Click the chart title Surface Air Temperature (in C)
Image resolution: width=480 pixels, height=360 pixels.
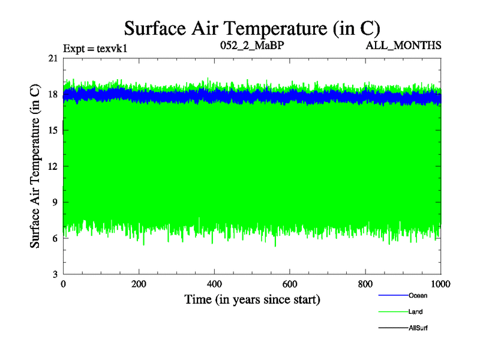click(x=252, y=28)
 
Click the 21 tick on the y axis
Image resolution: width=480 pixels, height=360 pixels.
click(x=53, y=58)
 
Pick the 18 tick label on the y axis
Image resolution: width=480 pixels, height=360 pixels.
click(x=53, y=94)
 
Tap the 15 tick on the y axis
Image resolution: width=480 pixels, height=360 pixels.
click(x=53, y=130)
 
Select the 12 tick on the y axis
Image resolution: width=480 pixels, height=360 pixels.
click(x=53, y=166)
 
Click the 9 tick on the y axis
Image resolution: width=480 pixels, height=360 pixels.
click(x=55, y=202)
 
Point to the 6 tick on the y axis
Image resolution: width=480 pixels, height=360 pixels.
click(x=55, y=238)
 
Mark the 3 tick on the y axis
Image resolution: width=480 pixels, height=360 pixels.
click(x=55, y=274)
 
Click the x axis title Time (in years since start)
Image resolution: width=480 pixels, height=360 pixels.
click(x=251, y=299)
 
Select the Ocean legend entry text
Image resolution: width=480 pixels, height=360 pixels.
click(x=418, y=295)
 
